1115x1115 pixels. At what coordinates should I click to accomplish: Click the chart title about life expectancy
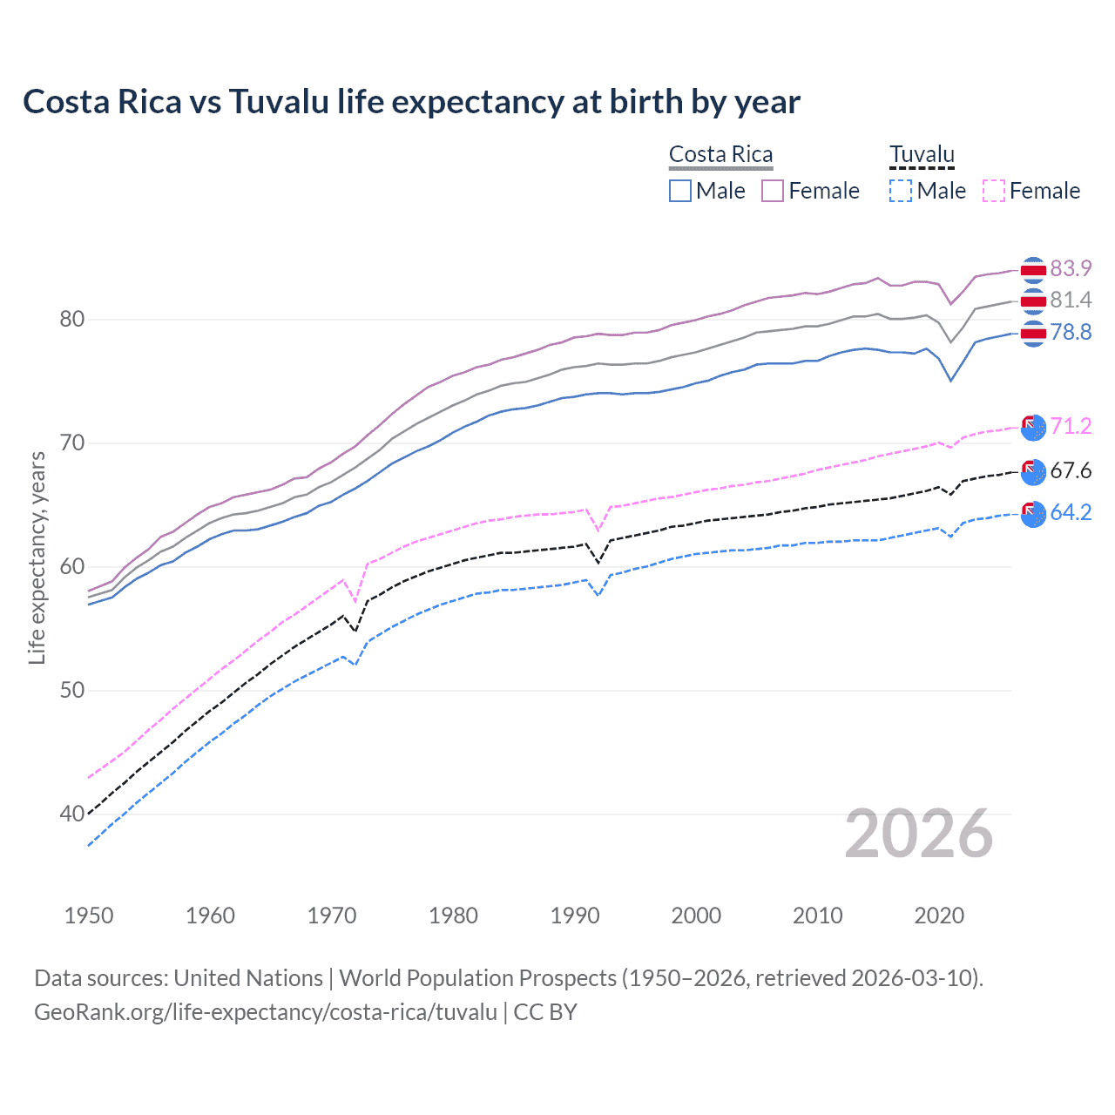coord(411,102)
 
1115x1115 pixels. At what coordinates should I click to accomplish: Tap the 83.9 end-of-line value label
coord(1071,268)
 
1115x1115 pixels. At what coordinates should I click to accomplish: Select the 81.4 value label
coord(1071,301)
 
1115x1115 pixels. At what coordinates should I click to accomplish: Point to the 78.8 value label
coord(1071,332)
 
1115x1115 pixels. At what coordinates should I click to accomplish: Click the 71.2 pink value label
coord(1071,426)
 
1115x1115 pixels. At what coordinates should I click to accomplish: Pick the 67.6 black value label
coord(1071,471)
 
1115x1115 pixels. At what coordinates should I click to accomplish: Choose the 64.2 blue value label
coord(1071,512)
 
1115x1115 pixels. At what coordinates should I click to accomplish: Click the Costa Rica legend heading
coord(720,155)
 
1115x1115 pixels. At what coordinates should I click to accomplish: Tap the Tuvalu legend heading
coord(922,155)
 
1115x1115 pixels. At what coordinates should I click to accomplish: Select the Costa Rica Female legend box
coord(773,191)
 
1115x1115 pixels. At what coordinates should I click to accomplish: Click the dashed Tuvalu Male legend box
coord(901,191)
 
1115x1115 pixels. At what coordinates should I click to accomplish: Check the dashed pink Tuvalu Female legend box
coord(993,191)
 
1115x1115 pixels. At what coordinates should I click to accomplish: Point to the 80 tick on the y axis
coord(72,320)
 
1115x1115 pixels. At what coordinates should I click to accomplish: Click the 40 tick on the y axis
coord(72,814)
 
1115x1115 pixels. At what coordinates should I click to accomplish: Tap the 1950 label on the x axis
coord(89,916)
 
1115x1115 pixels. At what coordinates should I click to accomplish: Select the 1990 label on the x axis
coord(575,916)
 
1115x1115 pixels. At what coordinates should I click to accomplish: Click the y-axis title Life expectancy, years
coord(37,557)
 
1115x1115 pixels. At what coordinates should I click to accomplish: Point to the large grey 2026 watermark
coord(919,834)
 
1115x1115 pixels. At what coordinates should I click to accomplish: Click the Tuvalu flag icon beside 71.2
coord(1033,427)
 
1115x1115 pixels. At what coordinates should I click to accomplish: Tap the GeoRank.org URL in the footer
coord(266,1012)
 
